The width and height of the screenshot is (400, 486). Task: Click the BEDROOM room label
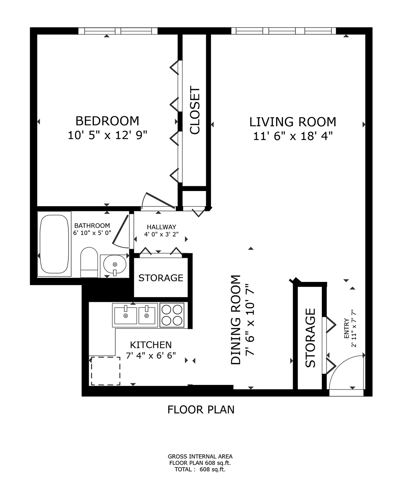pyautogui.click(x=107, y=120)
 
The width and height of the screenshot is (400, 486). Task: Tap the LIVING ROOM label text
pyautogui.click(x=292, y=121)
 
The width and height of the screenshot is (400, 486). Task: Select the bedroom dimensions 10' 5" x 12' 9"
pyautogui.click(x=107, y=136)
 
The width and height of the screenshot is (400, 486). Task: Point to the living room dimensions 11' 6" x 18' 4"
pyautogui.click(x=293, y=136)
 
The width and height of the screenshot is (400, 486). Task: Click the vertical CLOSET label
pyautogui.click(x=195, y=111)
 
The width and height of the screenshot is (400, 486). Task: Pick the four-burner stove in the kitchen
pyautogui.click(x=172, y=315)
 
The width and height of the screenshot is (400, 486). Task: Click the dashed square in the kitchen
pyautogui.click(x=105, y=371)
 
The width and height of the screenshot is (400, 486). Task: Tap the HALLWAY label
pyautogui.click(x=161, y=227)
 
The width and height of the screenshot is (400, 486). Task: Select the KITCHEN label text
pyautogui.click(x=151, y=344)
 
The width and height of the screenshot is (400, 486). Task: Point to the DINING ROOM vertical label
pyautogui.click(x=236, y=320)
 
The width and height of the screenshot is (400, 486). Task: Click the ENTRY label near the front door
pyautogui.click(x=346, y=329)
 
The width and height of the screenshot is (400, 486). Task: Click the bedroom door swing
pyautogui.click(x=155, y=201)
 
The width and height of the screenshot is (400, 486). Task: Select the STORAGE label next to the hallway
pyautogui.click(x=161, y=278)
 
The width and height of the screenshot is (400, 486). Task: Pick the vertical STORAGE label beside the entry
pyautogui.click(x=310, y=338)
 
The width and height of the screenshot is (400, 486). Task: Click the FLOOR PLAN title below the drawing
pyautogui.click(x=201, y=410)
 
